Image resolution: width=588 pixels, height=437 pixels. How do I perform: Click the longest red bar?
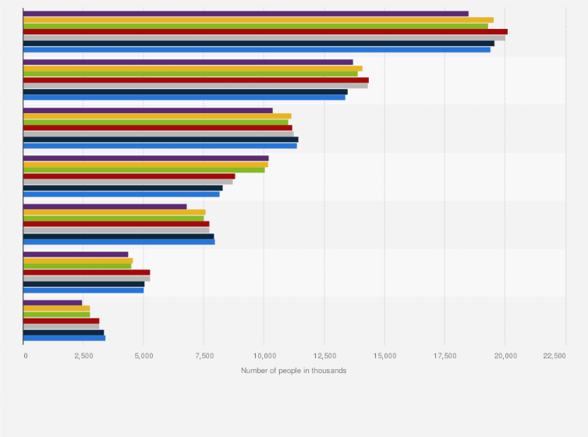click(265, 31)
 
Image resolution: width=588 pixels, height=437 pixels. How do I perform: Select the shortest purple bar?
click(52, 302)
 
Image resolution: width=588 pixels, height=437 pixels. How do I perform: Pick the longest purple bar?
click(246, 13)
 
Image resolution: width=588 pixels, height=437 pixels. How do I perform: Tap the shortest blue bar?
click(64, 338)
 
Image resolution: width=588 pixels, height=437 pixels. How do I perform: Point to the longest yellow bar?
click(258, 20)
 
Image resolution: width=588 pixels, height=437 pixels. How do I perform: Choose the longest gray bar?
click(264, 37)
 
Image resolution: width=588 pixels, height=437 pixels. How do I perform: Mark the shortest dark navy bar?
click(63, 332)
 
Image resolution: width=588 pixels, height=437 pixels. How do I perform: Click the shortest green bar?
click(56, 314)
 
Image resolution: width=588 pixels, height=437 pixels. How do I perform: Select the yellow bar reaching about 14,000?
click(193, 68)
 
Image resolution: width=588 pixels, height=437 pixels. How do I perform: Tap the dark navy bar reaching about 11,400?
click(161, 140)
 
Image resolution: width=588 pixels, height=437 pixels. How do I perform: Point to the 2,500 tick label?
click(84, 356)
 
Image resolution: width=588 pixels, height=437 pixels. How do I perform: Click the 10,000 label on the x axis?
click(264, 356)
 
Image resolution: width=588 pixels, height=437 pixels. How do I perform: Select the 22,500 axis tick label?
click(554, 356)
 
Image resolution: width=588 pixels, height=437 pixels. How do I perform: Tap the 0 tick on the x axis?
click(25, 356)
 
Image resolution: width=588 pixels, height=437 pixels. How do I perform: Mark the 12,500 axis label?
click(324, 356)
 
